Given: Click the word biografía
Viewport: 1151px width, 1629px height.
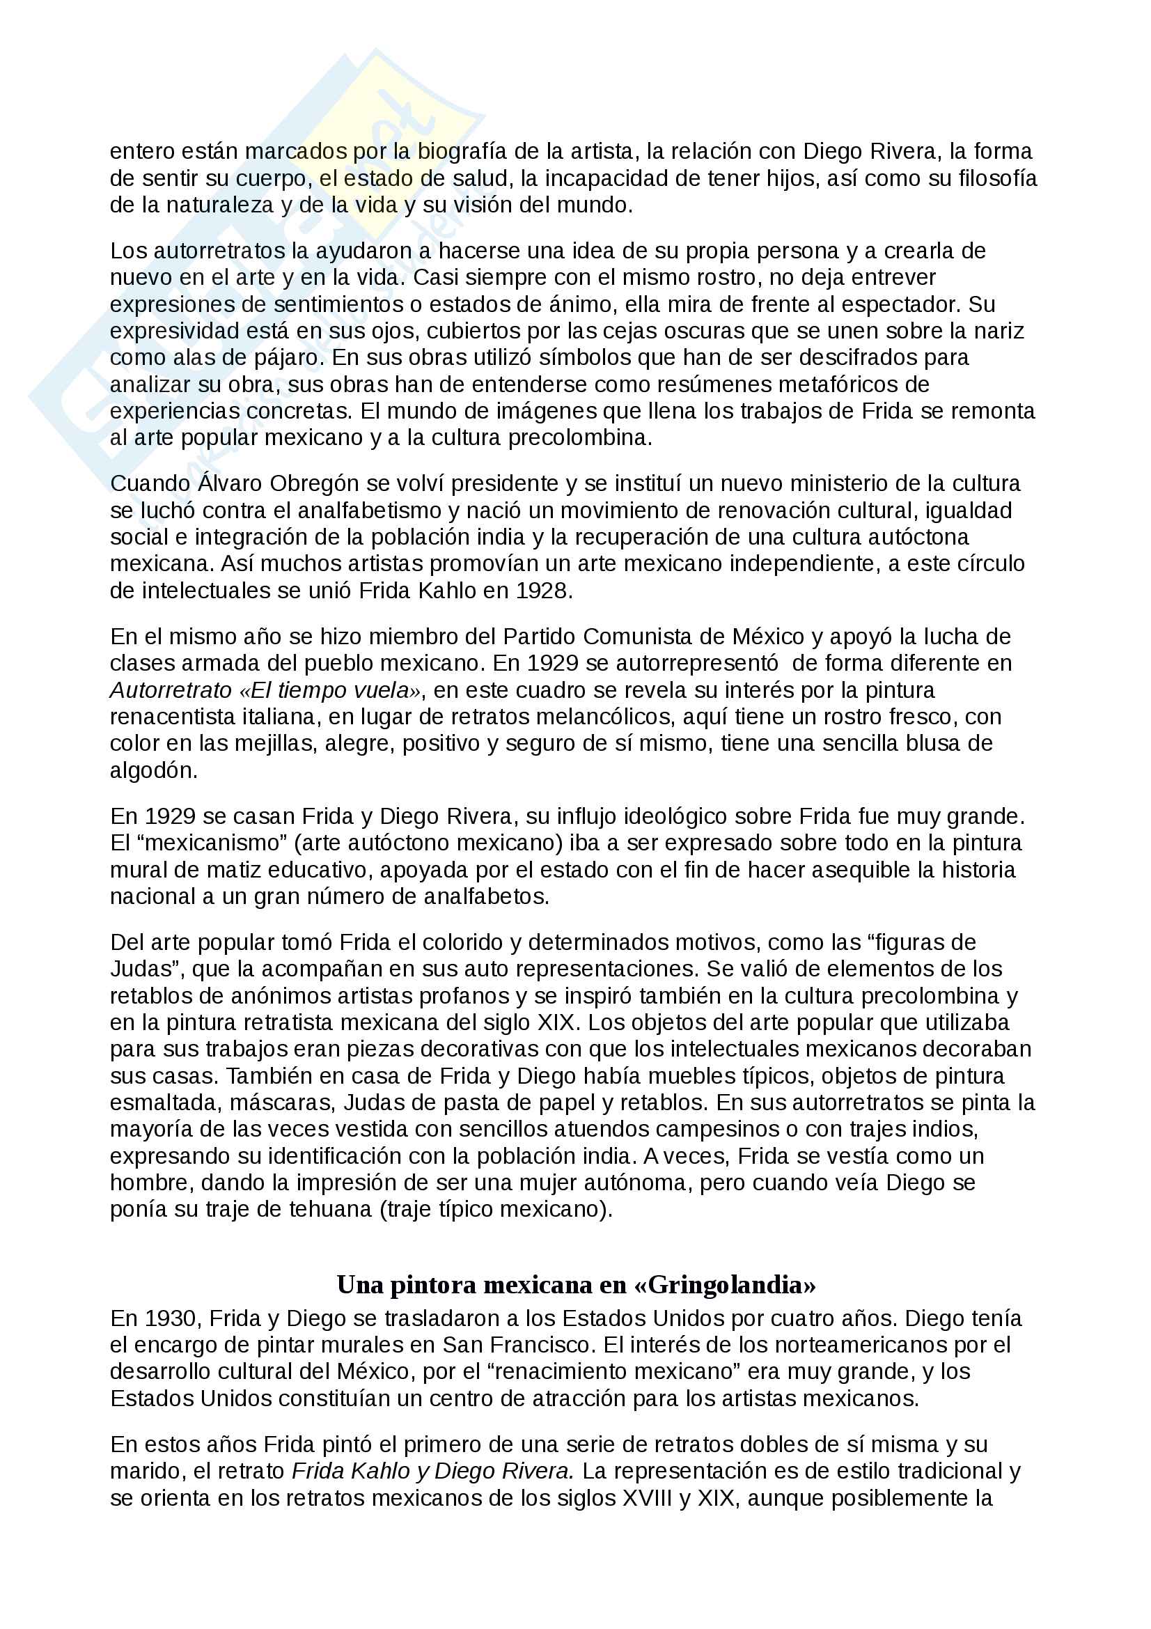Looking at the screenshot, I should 469,152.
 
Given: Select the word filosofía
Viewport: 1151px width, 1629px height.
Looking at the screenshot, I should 997,179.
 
